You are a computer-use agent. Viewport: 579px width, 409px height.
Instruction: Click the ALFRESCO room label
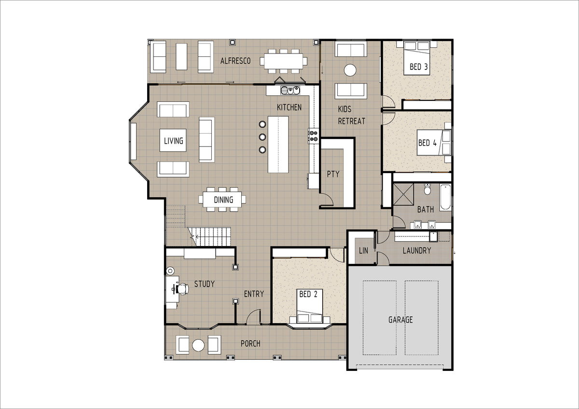pos(235,61)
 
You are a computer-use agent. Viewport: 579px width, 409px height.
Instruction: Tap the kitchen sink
pos(290,90)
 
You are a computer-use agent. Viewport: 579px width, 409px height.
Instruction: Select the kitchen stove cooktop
pos(313,136)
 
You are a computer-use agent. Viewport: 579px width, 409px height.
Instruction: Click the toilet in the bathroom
pos(427,189)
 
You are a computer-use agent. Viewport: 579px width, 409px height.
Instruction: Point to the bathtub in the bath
pos(445,197)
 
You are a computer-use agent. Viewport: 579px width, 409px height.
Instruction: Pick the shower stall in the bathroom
pos(403,194)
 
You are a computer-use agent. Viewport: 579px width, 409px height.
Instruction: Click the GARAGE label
pos(400,320)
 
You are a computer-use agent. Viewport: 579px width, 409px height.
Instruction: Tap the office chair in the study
pos(182,289)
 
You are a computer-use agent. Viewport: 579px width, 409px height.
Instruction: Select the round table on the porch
pos(198,345)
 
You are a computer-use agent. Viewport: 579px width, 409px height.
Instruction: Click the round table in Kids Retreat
pos(350,70)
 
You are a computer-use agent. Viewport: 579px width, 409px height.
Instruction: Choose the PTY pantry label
pos(333,174)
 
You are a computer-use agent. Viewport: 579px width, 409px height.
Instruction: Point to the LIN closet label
pos(363,250)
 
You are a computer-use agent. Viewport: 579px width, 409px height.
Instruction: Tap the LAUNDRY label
pos(417,250)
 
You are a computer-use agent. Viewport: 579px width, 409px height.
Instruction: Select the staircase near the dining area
pos(209,237)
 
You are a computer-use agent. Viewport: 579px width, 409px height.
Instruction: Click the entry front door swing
pos(253,317)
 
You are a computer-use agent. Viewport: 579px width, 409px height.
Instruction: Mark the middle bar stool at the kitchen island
pos(262,136)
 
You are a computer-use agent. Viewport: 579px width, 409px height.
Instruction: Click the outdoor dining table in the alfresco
pos(283,61)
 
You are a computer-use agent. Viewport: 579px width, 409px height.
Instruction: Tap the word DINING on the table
pos(223,200)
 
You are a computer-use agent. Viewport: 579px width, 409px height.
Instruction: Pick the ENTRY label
pos(254,294)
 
